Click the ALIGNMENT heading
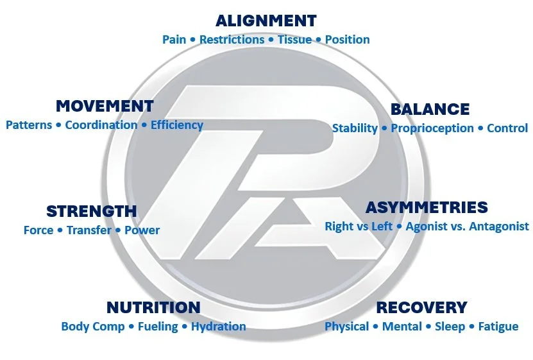click(x=266, y=21)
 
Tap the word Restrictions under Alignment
click(x=232, y=40)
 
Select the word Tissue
click(x=294, y=40)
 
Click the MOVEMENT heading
click(x=105, y=106)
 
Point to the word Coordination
click(x=101, y=125)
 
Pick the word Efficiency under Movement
click(x=176, y=125)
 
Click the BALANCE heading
click(x=430, y=109)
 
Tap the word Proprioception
click(x=432, y=128)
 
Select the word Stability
click(x=355, y=128)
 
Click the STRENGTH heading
click(x=91, y=211)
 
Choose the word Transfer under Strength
click(x=89, y=230)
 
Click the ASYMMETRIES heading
click(x=427, y=207)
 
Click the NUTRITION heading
click(x=153, y=307)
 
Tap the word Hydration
click(x=218, y=327)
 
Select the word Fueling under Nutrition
click(x=158, y=327)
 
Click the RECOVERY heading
click(x=421, y=307)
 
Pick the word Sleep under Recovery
click(x=450, y=327)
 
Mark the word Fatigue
click(x=498, y=327)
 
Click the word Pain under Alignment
click(x=174, y=40)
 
